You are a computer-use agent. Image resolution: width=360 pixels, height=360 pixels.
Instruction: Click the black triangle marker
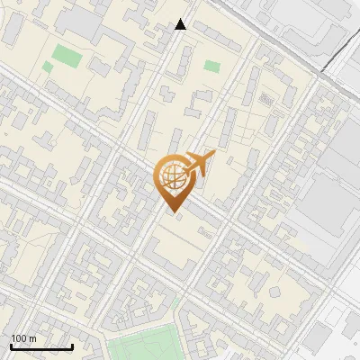pos(181,24)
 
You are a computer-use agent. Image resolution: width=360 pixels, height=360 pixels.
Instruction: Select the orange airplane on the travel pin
pos(197,165)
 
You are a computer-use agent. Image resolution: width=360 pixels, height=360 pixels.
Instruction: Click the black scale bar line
pos(41,346)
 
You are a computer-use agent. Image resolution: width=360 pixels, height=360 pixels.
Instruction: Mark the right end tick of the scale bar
pos(72,345)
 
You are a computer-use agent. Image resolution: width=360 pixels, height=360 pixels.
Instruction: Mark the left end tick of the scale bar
pos(11,345)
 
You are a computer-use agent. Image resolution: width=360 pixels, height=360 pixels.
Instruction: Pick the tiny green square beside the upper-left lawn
pos(47,67)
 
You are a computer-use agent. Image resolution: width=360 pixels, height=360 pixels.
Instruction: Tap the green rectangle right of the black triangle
pos(212,66)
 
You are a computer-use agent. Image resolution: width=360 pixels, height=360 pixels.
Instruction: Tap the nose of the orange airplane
pos(213,155)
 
